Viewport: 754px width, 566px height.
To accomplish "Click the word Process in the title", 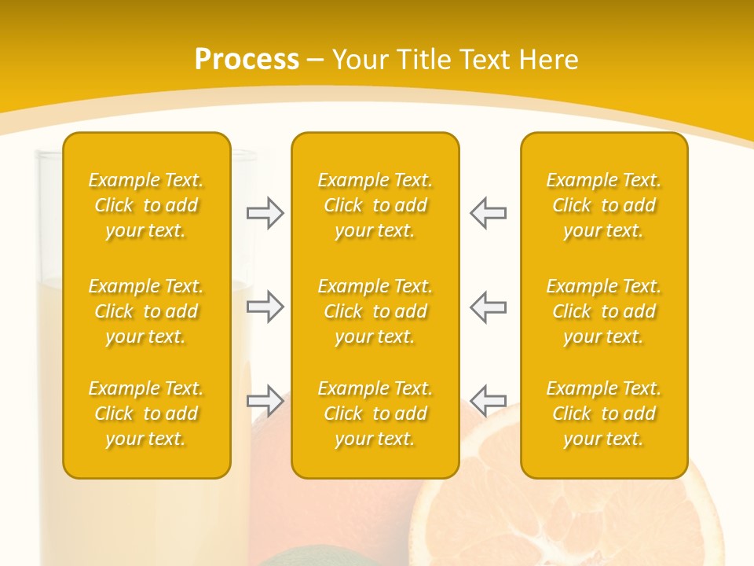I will pyautogui.click(x=247, y=60).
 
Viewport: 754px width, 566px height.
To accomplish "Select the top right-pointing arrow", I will pyautogui.click(x=265, y=213).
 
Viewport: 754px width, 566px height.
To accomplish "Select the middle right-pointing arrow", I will pyautogui.click(x=265, y=307).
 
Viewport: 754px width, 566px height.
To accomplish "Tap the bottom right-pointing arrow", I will pyautogui.click(x=265, y=400).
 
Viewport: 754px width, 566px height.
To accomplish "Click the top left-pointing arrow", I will pyautogui.click(x=488, y=213).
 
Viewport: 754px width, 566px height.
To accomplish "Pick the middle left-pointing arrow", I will pyautogui.click(x=488, y=307).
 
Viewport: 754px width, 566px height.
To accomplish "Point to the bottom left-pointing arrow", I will pyautogui.click(x=488, y=400).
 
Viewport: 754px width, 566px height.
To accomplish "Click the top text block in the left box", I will pyautogui.click(x=146, y=205).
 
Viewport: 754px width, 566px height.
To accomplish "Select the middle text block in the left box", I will pyautogui.click(x=146, y=311).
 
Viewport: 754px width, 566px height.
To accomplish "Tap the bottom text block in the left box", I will pyautogui.click(x=146, y=413).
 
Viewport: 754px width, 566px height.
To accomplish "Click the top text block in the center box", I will pyautogui.click(x=375, y=205).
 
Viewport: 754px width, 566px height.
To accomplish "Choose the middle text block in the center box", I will pyautogui.click(x=375, y=311).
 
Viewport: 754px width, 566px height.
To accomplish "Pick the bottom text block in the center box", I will pyautogui.click(x=375, y=413).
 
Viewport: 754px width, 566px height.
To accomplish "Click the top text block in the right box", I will pyautogui.click(x=603, y=205).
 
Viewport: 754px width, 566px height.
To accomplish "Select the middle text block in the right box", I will pyautogui.click(x=603, y=311).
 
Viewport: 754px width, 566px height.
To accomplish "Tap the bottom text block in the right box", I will pyautogui.click(x=603, y=413).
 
